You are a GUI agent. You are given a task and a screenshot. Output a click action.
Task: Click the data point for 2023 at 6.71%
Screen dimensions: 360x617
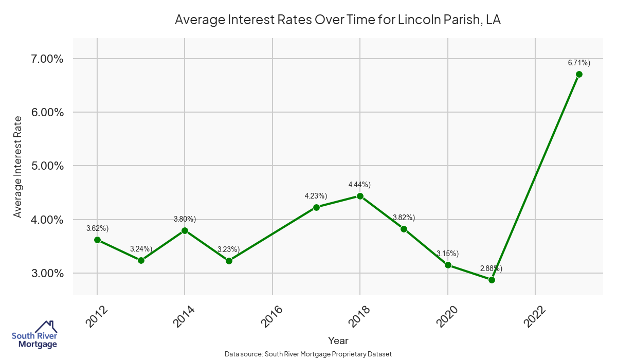579,74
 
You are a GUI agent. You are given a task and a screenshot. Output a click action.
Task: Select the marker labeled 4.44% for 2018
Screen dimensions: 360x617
360,196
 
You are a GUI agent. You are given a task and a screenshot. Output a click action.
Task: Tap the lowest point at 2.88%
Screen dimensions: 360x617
492,280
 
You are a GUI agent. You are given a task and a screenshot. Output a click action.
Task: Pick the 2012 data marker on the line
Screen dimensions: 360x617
97,240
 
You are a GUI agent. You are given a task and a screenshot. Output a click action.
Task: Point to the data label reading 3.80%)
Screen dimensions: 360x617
185,219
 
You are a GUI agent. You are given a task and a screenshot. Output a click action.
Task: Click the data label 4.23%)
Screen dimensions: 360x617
316,195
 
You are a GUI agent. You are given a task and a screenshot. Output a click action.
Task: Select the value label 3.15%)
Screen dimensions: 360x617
448,254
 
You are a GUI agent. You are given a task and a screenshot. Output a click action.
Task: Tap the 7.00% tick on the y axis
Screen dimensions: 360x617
45,59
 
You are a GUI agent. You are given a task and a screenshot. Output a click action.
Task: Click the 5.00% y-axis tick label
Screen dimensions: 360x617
45,166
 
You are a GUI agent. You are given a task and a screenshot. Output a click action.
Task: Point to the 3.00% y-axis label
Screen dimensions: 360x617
45,273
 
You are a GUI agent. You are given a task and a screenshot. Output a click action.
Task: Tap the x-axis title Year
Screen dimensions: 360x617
338,340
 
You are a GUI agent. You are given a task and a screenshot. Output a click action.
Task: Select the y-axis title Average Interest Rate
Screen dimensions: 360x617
18,166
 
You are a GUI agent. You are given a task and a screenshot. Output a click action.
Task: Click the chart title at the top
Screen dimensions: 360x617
338,20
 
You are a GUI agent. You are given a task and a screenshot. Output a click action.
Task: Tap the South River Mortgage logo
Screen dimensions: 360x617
34,335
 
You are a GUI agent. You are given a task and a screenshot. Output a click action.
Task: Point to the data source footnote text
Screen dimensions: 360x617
308,354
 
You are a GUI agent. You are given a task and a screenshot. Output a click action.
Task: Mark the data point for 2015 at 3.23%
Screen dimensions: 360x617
229,261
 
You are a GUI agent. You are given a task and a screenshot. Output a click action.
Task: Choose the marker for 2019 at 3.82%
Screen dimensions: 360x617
404,229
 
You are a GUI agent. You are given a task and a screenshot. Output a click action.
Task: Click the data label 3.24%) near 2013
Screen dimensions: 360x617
141,249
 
